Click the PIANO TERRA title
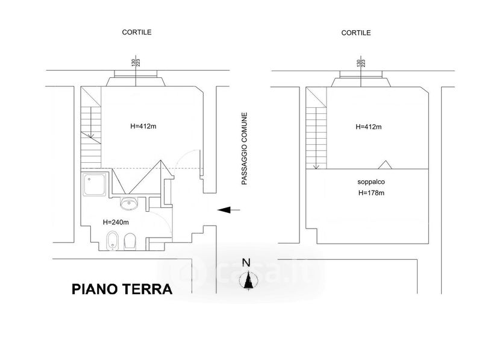click(x=122, y=289)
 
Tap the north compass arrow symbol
click(x=248, y=280)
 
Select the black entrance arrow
click(x=229, y=210)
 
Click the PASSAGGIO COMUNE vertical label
click(x=244, y=148)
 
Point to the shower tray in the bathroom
click(x=95, y=185)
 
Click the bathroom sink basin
click(x=129, y=204)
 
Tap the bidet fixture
click(x=112, y=241)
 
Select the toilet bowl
click(x=130, y=241)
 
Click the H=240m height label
click(x=116, y=222)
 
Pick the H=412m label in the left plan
click(x=143, y=126)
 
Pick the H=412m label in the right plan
click(x=369, y=127)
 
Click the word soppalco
click(x=371, y=182)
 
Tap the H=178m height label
click(x=371, y=193)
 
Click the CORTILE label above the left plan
click(x=137, y=33)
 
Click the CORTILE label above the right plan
click(x=356, y=33)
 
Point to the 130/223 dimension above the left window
click(x=136, y=63)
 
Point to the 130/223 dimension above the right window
click(x=360, y=63)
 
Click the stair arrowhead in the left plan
click(x=91, y=135)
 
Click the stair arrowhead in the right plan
click(x=316, y=166)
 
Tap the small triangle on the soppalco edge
click(x=384, y=165)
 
